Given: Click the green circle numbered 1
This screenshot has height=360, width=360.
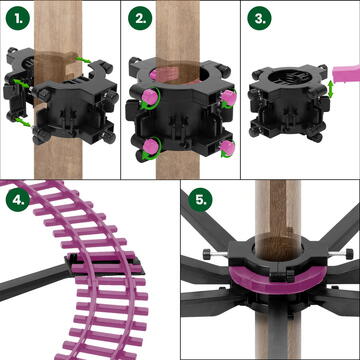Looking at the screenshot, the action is click(x=18, y=18).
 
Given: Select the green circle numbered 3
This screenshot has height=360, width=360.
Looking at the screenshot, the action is click(x=259, y=18).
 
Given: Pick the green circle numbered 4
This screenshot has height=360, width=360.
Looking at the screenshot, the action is click(x=18, y=199).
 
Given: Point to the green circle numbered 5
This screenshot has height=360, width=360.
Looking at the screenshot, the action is click(x=200, y=200).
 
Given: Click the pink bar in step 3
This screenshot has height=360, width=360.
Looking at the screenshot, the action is click(x=347, y=73).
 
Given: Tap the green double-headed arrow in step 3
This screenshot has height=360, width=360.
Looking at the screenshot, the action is click(x=331, y=89).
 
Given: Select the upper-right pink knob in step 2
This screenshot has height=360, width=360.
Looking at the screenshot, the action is click(x=229, y=97).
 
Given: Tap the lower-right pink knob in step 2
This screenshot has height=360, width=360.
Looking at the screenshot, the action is click(x=228, y=147).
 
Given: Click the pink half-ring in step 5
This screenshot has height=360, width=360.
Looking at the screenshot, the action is click(x=278, y=279).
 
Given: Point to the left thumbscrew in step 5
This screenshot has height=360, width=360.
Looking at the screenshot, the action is click(x=210, y=255).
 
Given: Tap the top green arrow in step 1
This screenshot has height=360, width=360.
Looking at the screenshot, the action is click(x=83, y=60).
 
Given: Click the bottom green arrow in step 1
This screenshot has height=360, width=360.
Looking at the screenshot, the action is click(x=23, y=122).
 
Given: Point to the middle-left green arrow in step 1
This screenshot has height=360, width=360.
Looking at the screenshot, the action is click(x=21, y=84).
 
